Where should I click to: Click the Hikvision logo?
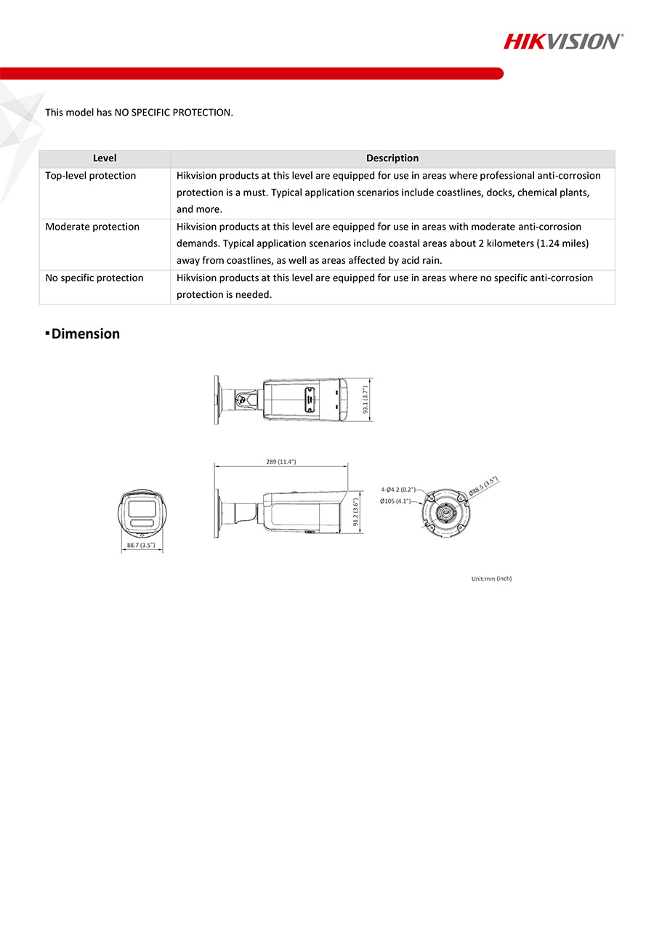563,41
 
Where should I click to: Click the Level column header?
105,158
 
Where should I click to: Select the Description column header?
392,158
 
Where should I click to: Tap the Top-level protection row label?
91,176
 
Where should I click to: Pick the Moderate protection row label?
92,227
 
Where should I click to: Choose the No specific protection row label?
94,278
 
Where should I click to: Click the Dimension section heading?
85,333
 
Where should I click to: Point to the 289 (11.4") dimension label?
281,462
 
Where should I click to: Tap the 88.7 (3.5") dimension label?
141,545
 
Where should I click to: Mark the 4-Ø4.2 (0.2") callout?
398,490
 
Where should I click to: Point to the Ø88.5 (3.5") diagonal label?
483,486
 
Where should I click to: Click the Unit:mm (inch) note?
491,579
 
